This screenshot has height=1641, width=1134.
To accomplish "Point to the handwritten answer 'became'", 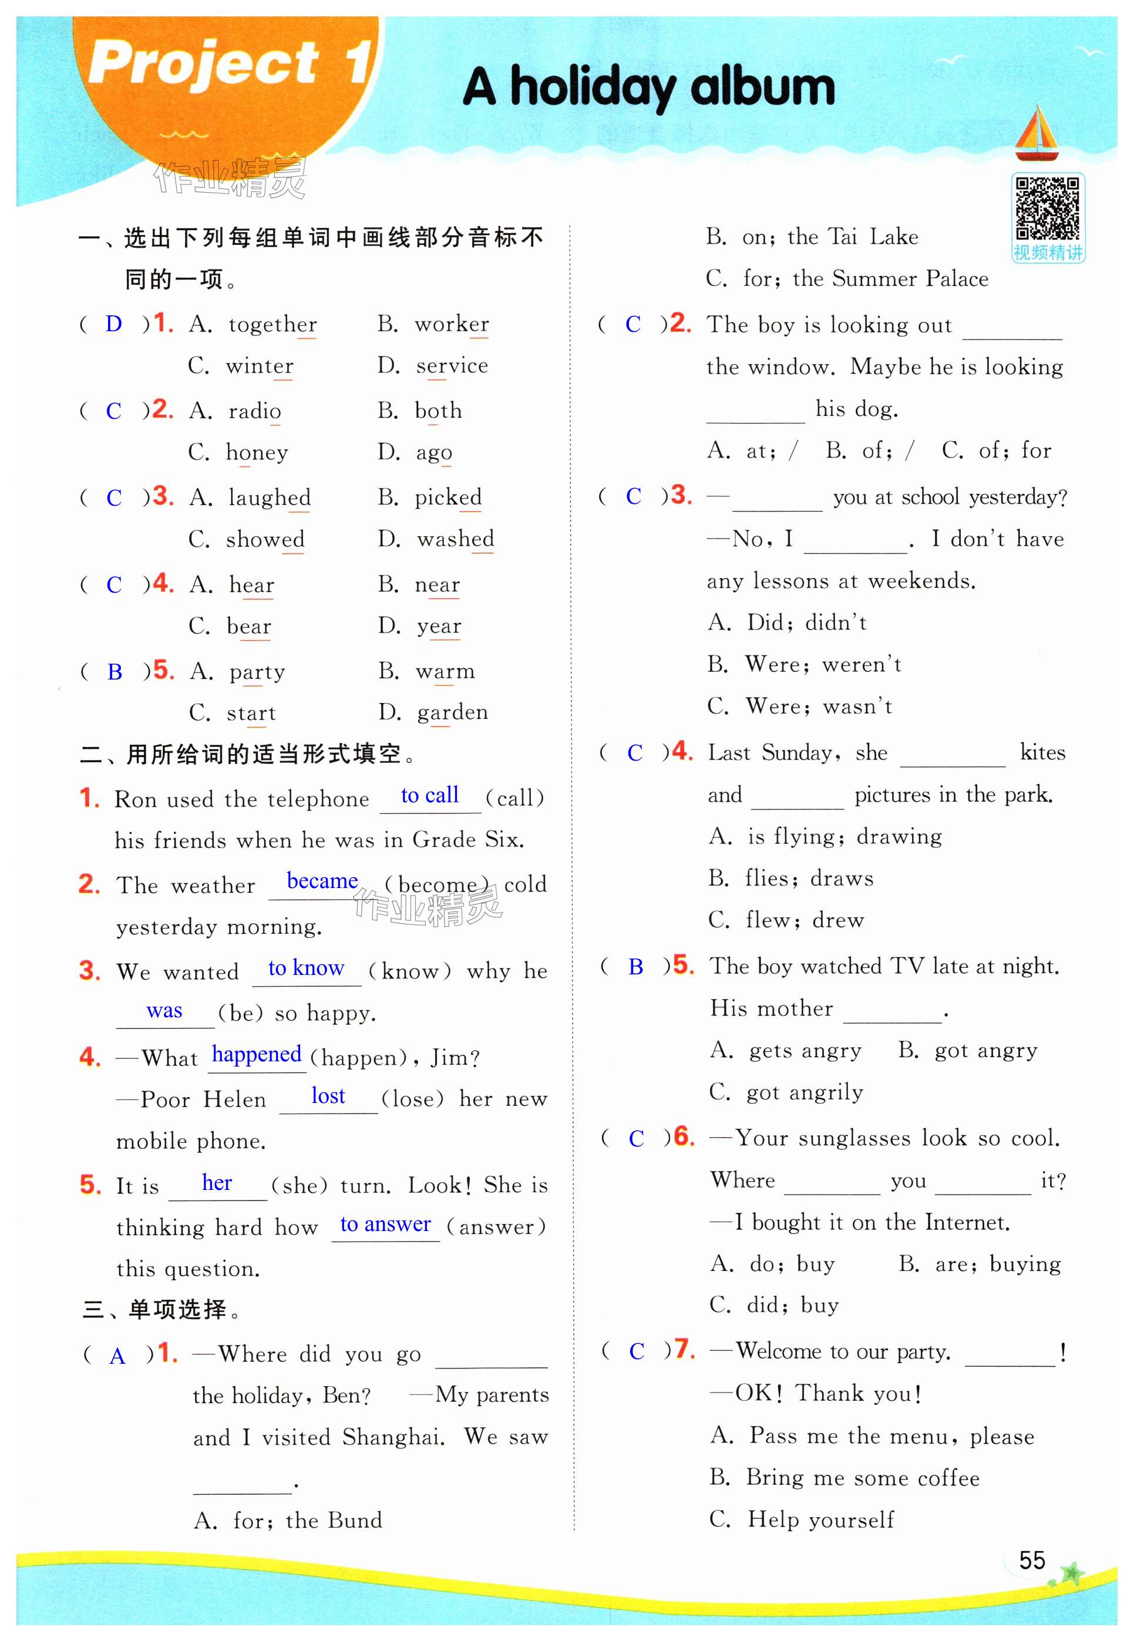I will [x=322, y=881].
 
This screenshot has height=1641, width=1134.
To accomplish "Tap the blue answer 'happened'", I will [x=257, y=1054].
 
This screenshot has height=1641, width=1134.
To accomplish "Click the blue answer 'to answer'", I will [x=385, y=1223].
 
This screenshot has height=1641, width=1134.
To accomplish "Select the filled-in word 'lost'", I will [x=328, y=1095].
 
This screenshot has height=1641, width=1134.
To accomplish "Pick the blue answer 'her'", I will [x=217, y=1182].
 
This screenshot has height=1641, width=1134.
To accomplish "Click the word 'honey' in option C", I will [x=257, y=452].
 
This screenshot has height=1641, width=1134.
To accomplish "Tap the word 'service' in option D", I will [x=452, y=365].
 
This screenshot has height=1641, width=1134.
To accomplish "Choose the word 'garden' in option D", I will [x=453, y=712].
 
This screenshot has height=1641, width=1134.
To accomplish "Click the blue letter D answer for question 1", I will [x=114, y=324].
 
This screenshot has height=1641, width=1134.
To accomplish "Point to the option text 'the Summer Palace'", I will [x=890, y=278].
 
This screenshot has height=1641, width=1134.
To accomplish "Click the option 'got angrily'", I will [x=805, y=1091].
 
